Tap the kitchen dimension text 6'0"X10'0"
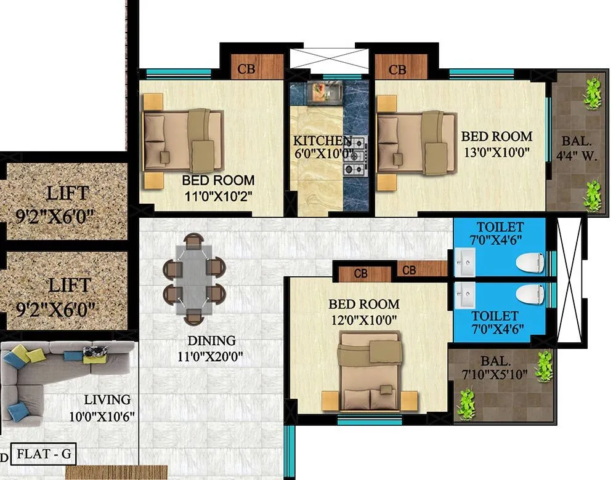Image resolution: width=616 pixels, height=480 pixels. click(x=323, y=154)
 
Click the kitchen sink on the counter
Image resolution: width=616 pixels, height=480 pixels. click(x=326, y=92)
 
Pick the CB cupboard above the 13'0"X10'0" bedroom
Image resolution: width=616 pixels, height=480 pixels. click(x=398, y=69)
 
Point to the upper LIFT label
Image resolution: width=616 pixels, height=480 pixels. click(x=67, y=194)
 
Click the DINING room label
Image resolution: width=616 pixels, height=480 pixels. click(x=211, y=340)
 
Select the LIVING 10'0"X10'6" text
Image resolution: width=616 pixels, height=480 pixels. click(x=102, y=408)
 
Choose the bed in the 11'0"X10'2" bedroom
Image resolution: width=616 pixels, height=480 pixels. click(x=183, y=140)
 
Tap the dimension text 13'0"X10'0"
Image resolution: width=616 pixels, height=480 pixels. click(x=496, y=151)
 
